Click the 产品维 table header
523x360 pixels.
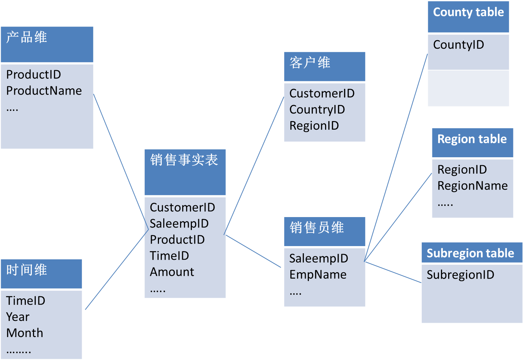[27, 37]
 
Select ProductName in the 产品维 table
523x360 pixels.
[44, 91]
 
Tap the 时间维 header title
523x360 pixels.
[27, 270]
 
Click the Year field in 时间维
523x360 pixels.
[18, 317]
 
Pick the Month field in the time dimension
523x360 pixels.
[25, 333]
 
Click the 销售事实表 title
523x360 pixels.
[184, 160]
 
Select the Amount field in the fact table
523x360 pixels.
[172, 272]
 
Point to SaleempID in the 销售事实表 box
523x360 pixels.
[179, 224]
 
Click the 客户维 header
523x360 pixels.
[310, 63]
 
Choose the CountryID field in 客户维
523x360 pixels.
[317, 110]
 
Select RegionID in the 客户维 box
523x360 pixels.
[314, 126]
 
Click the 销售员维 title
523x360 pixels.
[317, 227]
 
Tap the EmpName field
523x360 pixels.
[318, 275]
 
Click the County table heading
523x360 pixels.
[468, 12]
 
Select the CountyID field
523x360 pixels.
[459, 45]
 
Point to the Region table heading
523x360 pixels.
[472, 139]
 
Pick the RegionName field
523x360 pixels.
[473, 186]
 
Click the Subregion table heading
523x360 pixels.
[470, 253]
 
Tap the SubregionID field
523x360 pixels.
[460, 275]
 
